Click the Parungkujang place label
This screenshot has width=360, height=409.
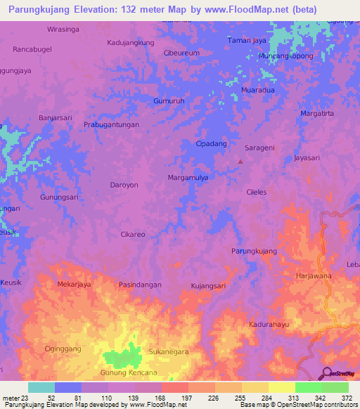coord(254,251)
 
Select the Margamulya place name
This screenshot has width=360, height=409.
coord(188,178)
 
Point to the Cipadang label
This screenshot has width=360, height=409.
coord(211,143)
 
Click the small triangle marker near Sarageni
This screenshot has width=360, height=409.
coord(240,161)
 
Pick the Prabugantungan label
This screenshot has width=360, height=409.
coord(111,124)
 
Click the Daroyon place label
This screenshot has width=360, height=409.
coord(123,186)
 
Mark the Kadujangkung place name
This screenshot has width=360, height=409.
coord(130,43)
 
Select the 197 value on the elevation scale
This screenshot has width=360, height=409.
coord(188,398)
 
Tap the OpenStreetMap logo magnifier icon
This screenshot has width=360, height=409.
coord(326,373)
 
